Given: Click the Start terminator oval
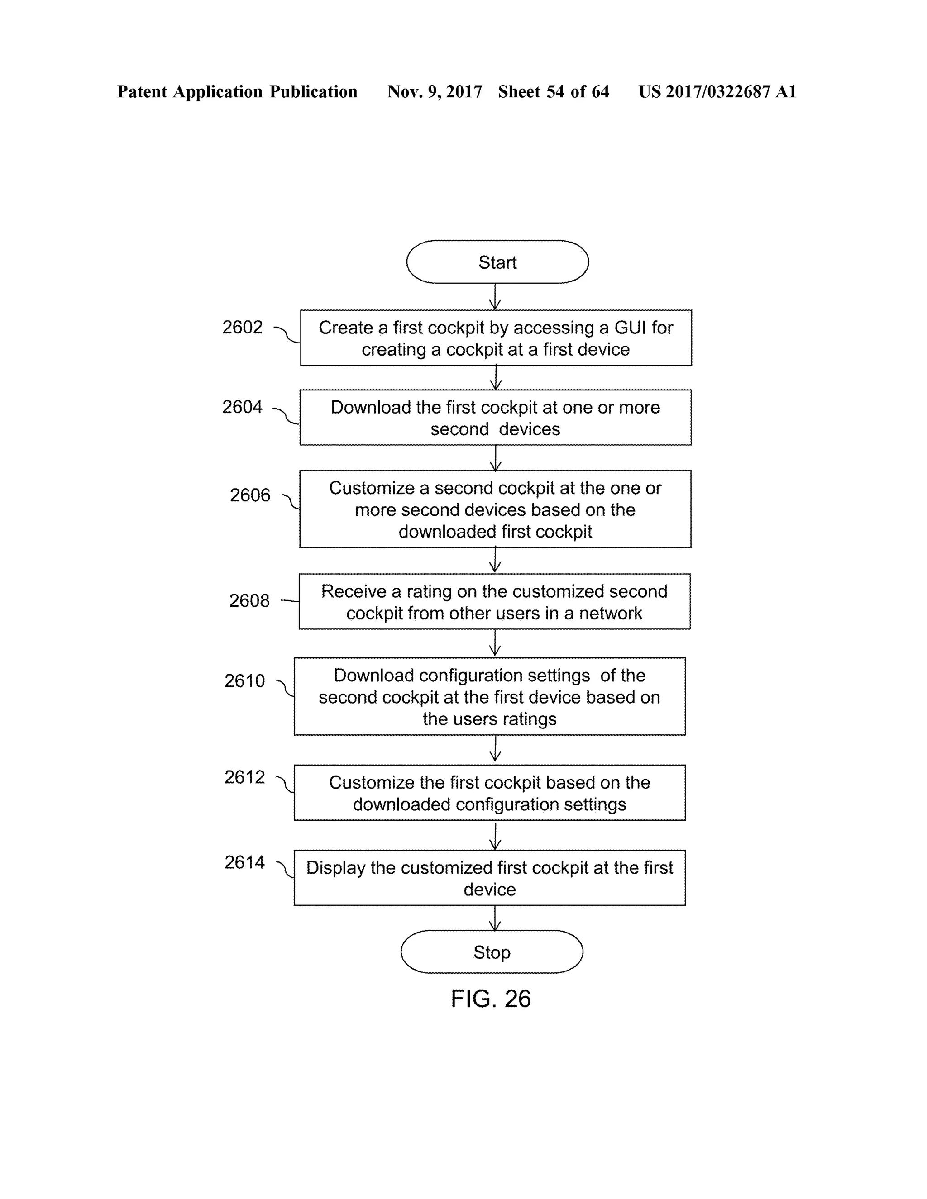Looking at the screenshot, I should click(497, 262).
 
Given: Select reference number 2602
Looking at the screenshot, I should click(242, 327).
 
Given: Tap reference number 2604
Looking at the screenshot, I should click(242, 407).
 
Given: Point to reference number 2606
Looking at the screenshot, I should click(250, 495).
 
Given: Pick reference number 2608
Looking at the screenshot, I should click(249, 600).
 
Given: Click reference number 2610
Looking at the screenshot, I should click(244, 681).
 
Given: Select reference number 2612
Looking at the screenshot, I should click(244, 777).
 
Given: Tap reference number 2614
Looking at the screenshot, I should click(244, 862).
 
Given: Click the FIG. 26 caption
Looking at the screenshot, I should click(490, 999).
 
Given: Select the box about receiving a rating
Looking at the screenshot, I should click(494, 602).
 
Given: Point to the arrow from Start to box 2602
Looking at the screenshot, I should click(495, 296).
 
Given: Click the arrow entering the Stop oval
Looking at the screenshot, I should click(495, 918).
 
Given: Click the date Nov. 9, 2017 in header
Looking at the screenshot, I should click(435, 92).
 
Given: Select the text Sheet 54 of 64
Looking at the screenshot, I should click(553, 92).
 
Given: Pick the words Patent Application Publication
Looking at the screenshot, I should click(237, 92).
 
